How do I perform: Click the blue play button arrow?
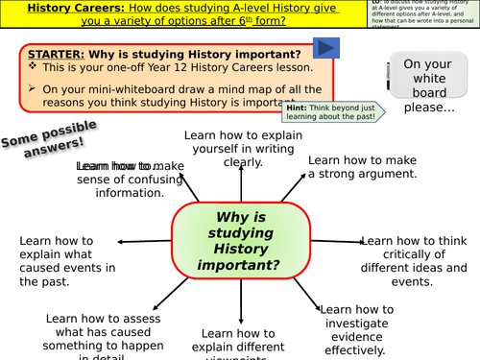(325, 49)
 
